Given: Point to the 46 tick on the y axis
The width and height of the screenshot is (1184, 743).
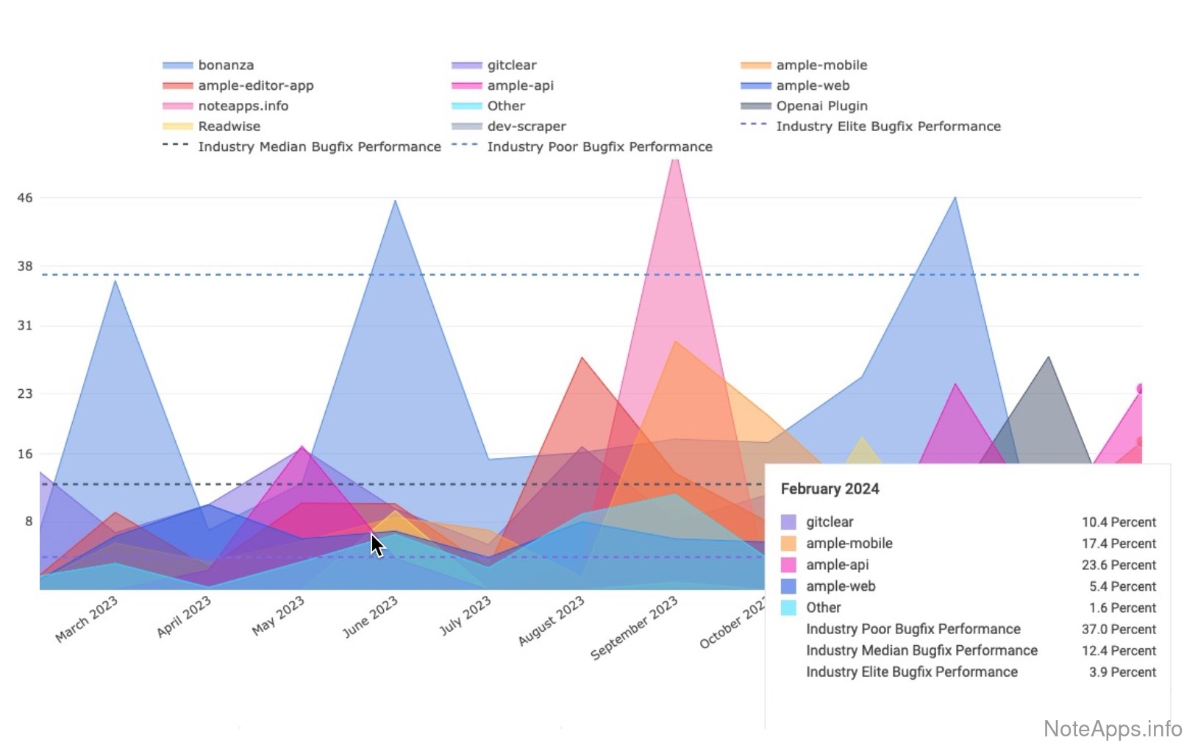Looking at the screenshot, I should (x=25, y=198).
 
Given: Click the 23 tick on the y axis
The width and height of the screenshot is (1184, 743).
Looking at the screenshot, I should (x=25, y=394).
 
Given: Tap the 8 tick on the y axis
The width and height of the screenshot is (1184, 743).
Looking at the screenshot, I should (x=29, y=522).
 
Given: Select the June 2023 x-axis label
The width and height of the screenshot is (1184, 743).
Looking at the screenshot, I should (x=371, y=616).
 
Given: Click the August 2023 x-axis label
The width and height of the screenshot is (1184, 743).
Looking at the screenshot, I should (x=552, y=620).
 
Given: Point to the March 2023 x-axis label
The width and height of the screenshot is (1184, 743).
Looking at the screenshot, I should (x=87, y=619).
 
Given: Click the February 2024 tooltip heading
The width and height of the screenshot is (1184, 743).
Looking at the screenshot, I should (x=830, y=489).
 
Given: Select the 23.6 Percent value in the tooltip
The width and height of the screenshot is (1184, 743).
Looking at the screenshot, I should (x=1119, y=565).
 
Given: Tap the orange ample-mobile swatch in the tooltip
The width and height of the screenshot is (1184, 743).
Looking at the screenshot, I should (x=788, y=544).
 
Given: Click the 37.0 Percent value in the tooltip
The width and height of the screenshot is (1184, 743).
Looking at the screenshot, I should (x=1119, y=630).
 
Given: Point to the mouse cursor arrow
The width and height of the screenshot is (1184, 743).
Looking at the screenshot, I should (x=376, y=544).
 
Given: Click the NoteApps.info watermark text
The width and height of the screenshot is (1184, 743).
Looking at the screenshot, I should (x=1113, y=728).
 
